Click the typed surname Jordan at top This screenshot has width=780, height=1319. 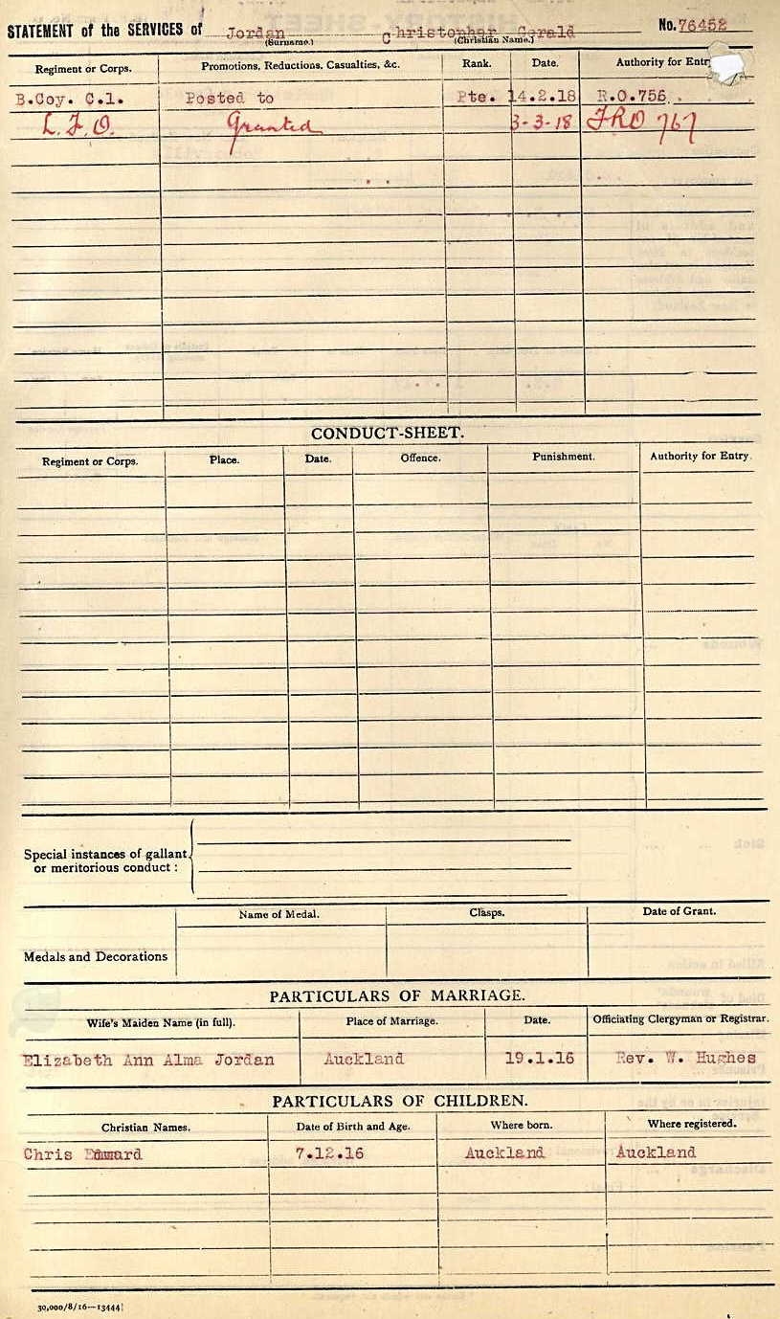tap(255, 32)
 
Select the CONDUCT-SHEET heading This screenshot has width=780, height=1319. tap(387, 433)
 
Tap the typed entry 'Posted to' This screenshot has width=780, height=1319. tap(229, 98)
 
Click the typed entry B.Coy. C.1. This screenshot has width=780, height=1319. tap(70, 98)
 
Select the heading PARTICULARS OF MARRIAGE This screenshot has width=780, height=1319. tap(396, 995)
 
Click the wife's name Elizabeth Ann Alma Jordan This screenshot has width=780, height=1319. tap(148, 1060)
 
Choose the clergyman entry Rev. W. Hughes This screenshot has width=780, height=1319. tap(685, 1058)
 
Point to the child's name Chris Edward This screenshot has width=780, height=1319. tap(82, 1154)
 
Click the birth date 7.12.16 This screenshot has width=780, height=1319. tap(329, 1153)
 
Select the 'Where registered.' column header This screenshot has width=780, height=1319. tap(691, 1124)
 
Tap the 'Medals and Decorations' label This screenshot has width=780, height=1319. tap(95, 956)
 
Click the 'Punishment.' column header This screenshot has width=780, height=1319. tap(563, 457)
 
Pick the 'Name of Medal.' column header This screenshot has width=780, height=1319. tap(279, 914)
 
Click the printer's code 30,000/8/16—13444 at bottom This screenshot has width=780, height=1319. tap(81, 1307)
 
